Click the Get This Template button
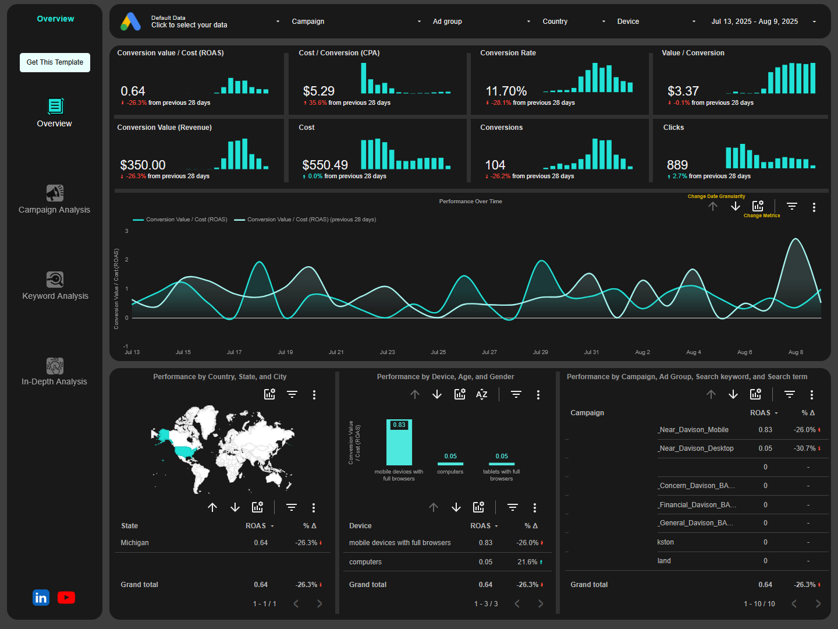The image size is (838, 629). pos(55,62)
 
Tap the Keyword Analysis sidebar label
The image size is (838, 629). pos(55,296)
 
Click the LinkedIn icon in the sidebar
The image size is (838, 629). pos(41,598)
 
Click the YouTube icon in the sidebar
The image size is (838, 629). pos(66,598)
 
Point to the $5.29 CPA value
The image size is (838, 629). pos(318,91)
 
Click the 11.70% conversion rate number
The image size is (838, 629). pos(506,91)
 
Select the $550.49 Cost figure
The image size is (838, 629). pos(325,165)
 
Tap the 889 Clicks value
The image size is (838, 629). pos(677,165)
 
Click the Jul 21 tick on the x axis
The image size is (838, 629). pos(336,352)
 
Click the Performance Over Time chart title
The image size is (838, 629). pos(470,202)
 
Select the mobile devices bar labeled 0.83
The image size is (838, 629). pos(399,443)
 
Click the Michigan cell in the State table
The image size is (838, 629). pos(134,543)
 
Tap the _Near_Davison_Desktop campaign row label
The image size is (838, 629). pos(695,448)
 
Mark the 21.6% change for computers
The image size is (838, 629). pos(527,562)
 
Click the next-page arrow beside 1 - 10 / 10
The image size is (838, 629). pos(818,604)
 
